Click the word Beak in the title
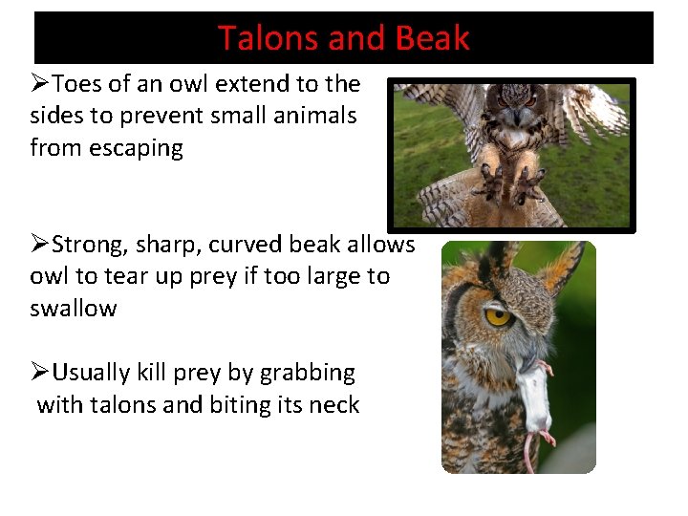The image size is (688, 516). coord(433,38)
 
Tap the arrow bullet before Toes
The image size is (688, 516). coord(39,84)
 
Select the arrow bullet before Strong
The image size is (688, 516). coord(39,245)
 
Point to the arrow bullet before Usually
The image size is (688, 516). coord(39,373)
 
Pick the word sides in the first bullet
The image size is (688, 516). coord(57,117)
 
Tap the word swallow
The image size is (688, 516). coord(74,309)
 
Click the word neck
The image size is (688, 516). coord(334,405)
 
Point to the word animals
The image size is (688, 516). coord(316,117)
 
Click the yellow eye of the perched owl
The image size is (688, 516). coord(498,314)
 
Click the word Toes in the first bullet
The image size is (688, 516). coord(78,84)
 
